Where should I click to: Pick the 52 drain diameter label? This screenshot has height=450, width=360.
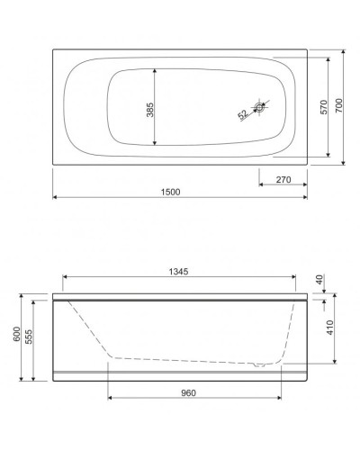pos(243,114)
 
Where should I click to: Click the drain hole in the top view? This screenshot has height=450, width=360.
pos(259,109)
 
